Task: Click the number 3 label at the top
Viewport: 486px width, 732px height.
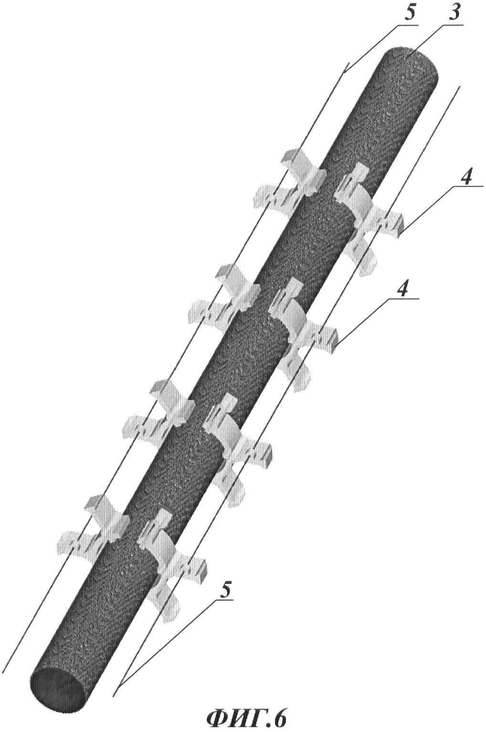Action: point(456,13)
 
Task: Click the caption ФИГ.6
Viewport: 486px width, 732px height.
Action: point(247,719)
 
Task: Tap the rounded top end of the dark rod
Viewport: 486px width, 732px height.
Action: point(412,61)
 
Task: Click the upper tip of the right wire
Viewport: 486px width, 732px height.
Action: point(460,85)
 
